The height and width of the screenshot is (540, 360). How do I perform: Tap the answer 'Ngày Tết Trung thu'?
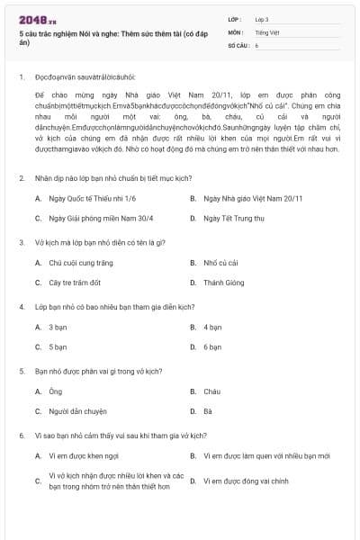pyautogui.click(x=233, y=218)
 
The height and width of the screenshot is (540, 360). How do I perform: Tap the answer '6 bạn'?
pyautogui.click(x=212, y=347)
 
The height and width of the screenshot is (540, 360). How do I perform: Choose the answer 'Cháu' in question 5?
pyautogui.click(x=211, y=391)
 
